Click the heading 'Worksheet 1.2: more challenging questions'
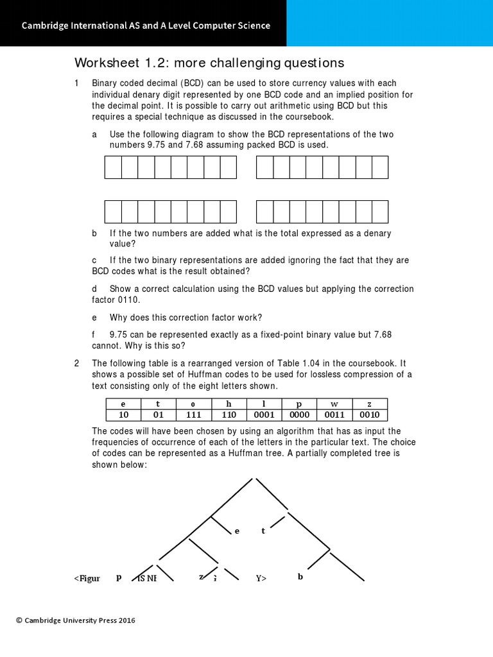coord(209,63)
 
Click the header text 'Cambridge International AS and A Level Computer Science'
coord(146,26)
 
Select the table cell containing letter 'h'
coord(229,404)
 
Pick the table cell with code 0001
coord(264,414)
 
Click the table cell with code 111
coord(194,414)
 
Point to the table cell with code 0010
coord(370,414)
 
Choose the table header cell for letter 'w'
coord(334,404)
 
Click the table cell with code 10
coord(124,414)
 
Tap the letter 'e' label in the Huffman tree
coord(237,531)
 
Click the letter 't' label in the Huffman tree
coord(263,531)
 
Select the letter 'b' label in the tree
coord(300,577)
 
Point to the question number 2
coord(76,363)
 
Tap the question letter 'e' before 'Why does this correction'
coord(94,318)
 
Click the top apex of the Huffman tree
coord(255,478)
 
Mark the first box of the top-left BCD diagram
coord(113,167)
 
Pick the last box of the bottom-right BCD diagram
coord(380,212)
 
